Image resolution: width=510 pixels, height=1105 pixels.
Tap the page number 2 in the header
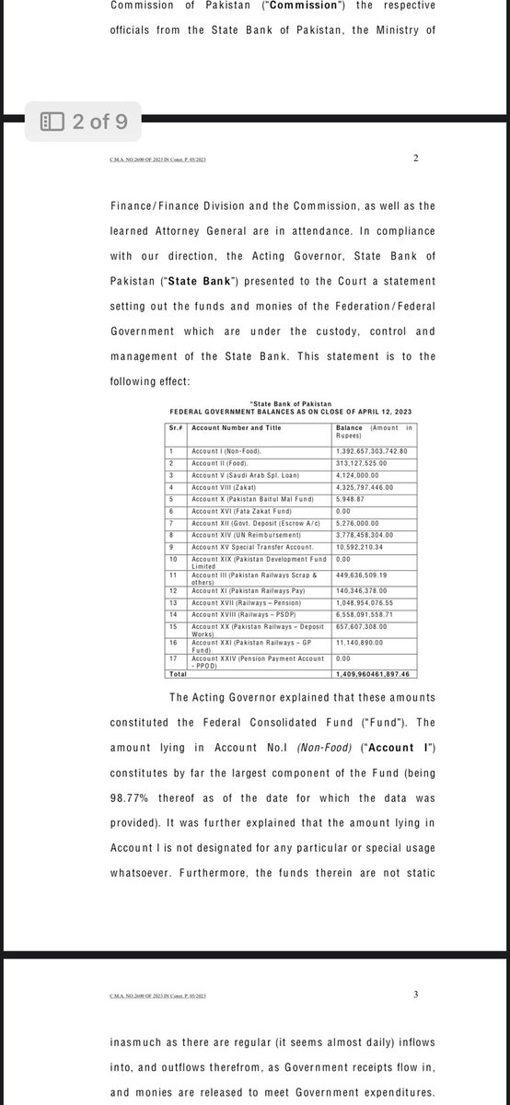coord(416,158)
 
